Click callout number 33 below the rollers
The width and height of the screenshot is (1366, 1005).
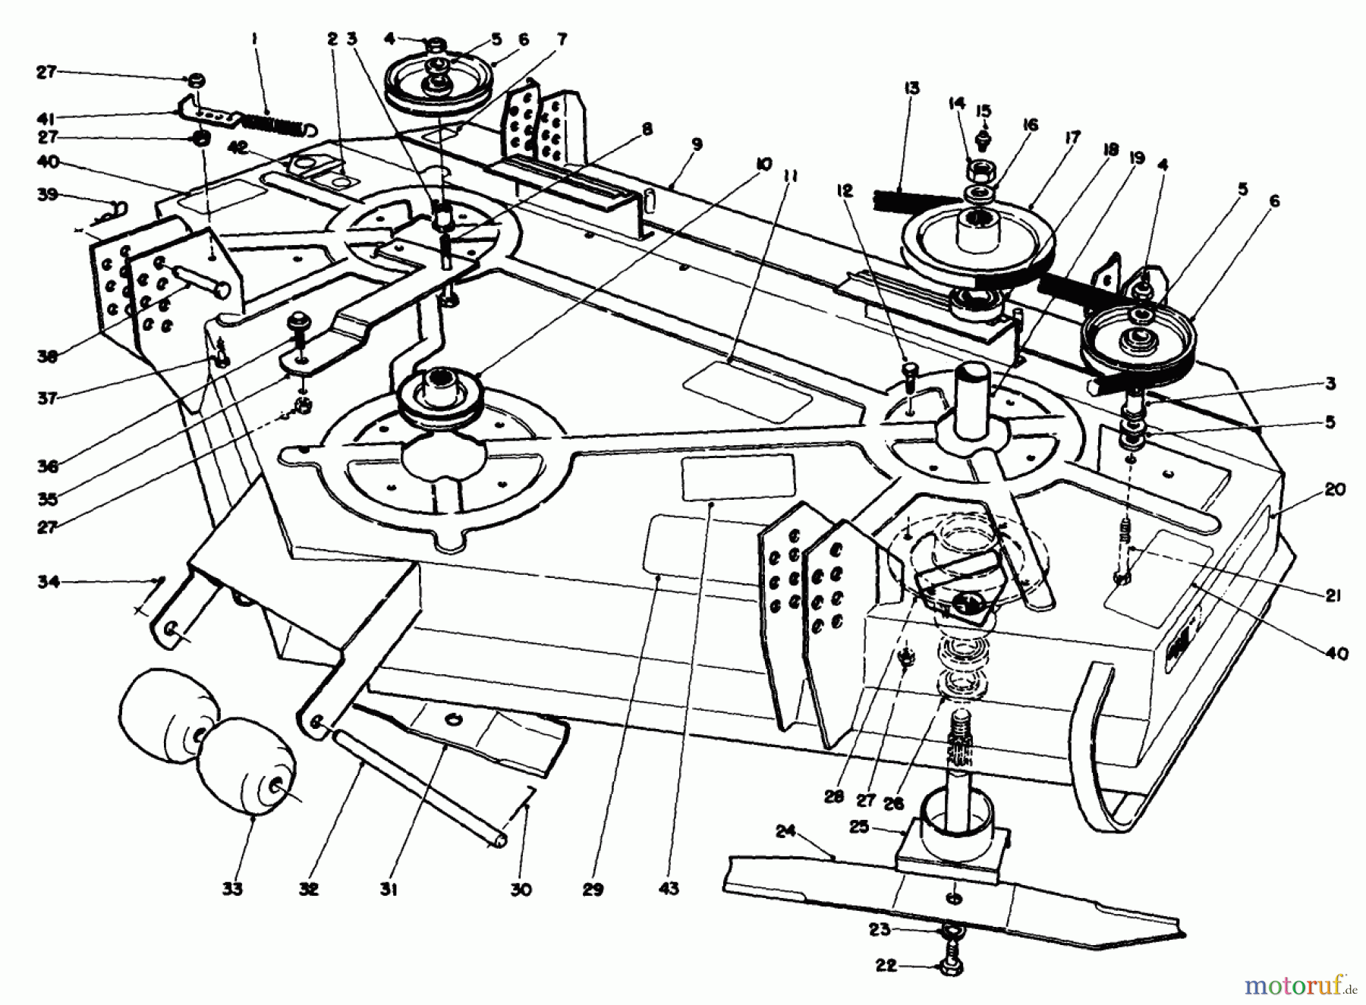click(232, 888)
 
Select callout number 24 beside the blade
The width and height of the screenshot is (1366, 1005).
click(785, 832)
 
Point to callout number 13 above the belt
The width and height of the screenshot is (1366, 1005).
click(911, 89)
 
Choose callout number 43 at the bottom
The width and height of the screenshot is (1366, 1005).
click(669, 888)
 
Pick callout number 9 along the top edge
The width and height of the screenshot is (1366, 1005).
click(696, 144)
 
